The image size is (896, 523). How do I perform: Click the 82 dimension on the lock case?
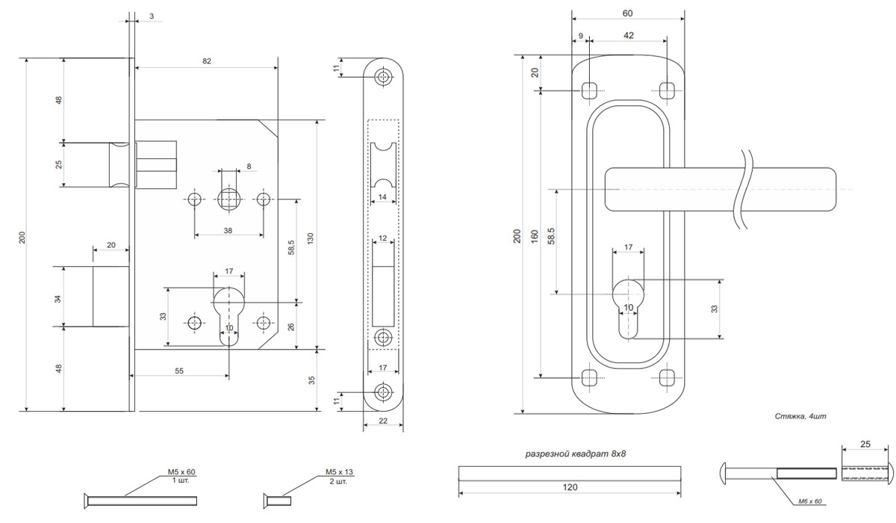(206, 61)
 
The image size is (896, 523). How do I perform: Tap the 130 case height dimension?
(311, 238)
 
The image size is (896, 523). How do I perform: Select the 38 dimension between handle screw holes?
(228, 230)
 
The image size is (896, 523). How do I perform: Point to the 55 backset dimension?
(179, 371)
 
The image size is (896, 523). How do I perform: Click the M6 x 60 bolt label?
(810, 501)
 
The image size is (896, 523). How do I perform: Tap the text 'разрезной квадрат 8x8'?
(576, 454)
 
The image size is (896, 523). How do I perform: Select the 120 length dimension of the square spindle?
(570, 487)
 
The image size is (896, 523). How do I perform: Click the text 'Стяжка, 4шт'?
(800, 416)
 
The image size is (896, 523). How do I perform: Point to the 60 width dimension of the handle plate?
(628, 13)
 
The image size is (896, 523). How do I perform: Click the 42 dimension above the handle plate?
(629, 35)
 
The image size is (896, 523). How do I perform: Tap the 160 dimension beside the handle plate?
(535, 236)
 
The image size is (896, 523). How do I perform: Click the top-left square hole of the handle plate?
(589, 90)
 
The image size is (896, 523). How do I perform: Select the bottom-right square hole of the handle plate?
(667, 378)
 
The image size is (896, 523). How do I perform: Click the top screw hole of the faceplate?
(384, 77)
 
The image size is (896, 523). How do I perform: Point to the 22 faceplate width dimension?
(383, 421)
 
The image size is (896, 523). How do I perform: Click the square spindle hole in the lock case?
(228, 199)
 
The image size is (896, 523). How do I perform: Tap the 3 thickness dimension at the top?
(152, 16)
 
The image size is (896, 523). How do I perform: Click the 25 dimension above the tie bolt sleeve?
(865, 444)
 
